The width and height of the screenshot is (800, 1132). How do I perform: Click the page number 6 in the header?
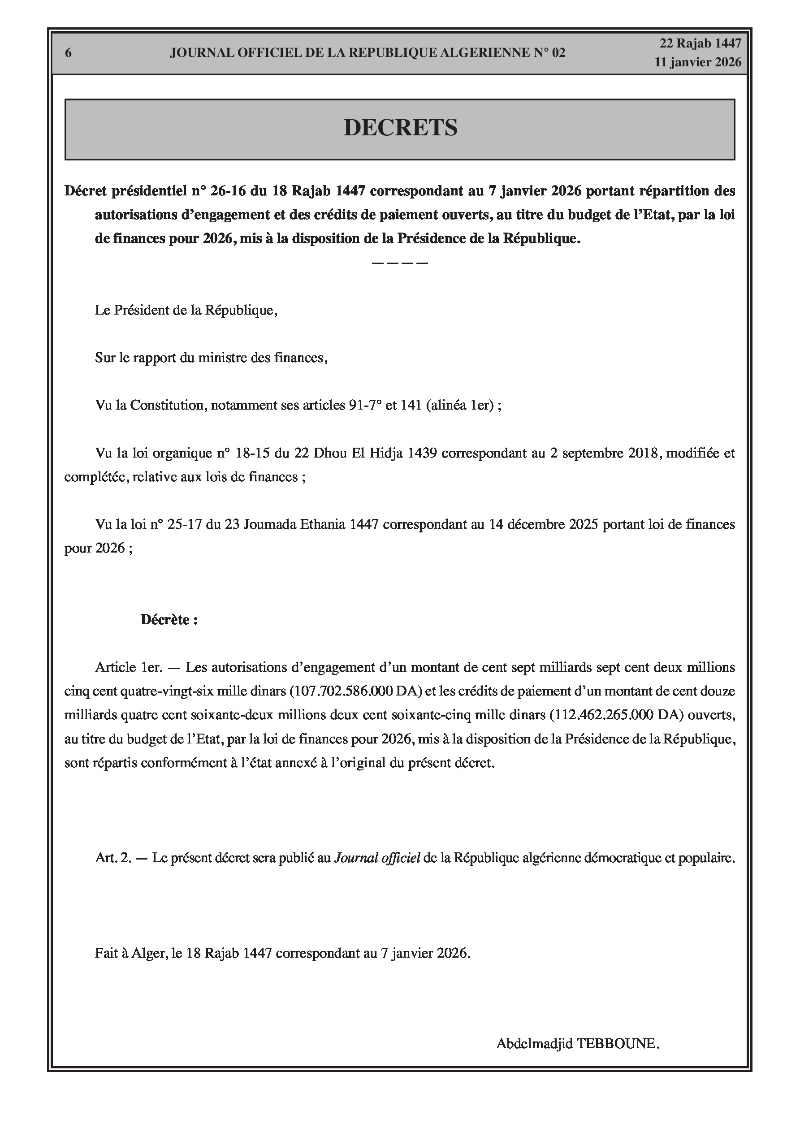point(68,53)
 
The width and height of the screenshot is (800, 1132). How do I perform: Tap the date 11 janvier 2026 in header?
point(697,62)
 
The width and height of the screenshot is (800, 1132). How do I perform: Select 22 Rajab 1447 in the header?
point(701,43)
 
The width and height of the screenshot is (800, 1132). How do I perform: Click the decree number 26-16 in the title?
point(228,191)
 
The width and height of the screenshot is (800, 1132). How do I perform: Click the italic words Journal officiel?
point(377,858)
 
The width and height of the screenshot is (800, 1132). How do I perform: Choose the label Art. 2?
point(113,858)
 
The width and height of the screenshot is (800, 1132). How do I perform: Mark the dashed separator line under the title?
point(399,263)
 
